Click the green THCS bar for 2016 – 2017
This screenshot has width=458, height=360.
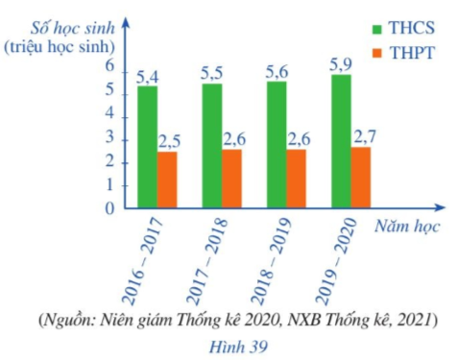click(147, 146)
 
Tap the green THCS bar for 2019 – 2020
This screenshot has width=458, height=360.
click(341, 140)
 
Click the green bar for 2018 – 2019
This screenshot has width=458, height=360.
click(277, 144)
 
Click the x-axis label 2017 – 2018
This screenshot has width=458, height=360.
click(205, 249)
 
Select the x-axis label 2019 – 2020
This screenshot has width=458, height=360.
click(335, 249)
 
